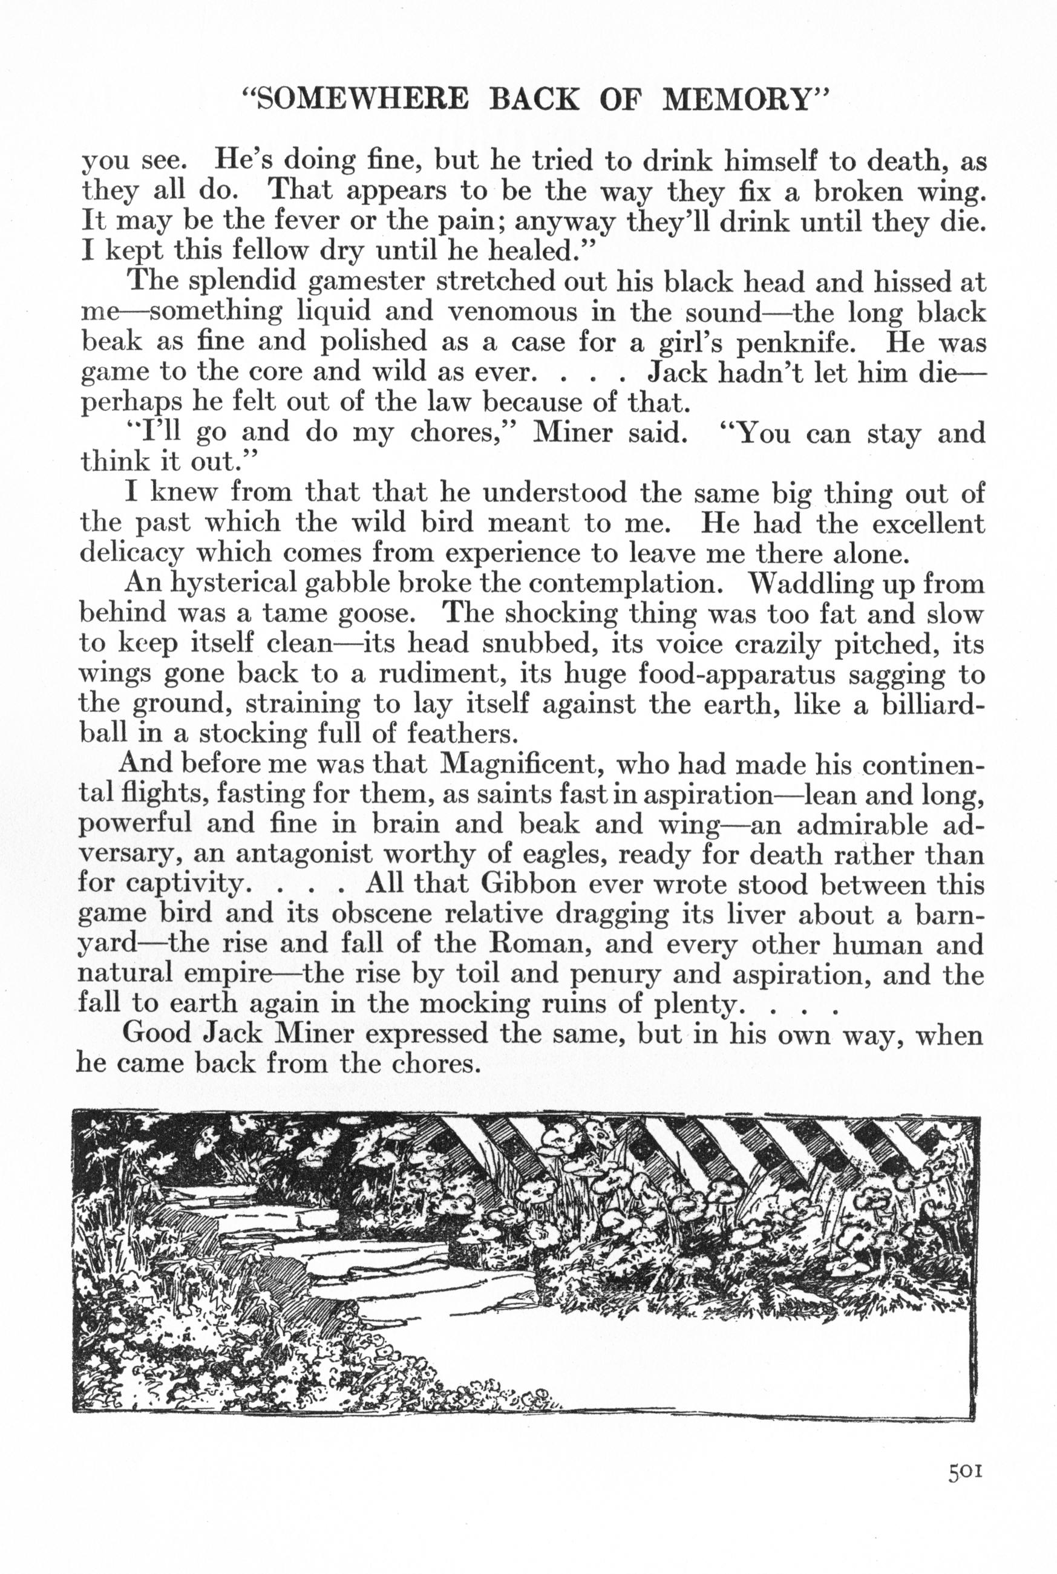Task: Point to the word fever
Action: (x=269, y=221)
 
